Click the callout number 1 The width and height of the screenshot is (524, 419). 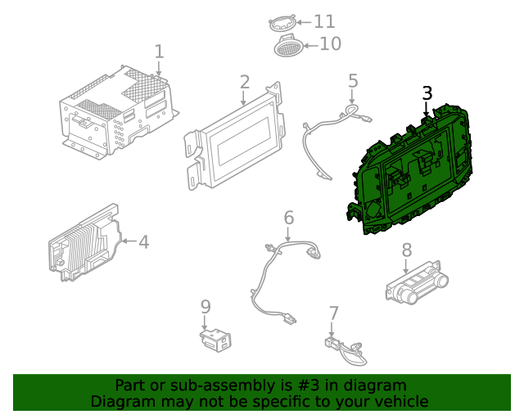pyautogui.click(x=160, y=52)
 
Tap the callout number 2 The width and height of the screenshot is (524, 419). pyautogui.click(x=245, y=82)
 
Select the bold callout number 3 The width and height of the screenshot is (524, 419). pyautogui.click(x=427, y=93)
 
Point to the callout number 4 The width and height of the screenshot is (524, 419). pyautogui.click(x=144, y=241)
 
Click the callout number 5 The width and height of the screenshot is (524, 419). pyautogui.click(x=353, y=81)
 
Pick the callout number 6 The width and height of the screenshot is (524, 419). pyautogui.click(x=289, y=218)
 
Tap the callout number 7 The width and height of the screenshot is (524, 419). pyautogui.click(x=334, y=313)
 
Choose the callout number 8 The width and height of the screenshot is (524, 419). pyautogui.click(x=406, y=250)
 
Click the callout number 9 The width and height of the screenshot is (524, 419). pyautogui.click(x=206, y=306)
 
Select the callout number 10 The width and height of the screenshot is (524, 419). pyautogui.click(x=331, y=43)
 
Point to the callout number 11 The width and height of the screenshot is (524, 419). pyautogui.click(x=324, y=22)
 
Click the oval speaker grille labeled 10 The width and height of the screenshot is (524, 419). pyautogui.click(x=289, y=47)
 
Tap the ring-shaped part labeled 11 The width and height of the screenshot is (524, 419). pyautogui.click(x=282, y=24)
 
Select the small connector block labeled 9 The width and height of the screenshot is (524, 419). pyautogui.click(x=216, y=340)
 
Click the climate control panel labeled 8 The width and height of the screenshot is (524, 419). pyautogui.click(x=417, y=282)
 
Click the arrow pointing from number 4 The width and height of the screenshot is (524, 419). pyautogui.click(x=129, y=241)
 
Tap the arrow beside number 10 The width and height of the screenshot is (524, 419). pyautogui.click(x=311, y=46)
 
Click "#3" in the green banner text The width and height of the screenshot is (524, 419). pyautogui.click(x=309, y=385)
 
